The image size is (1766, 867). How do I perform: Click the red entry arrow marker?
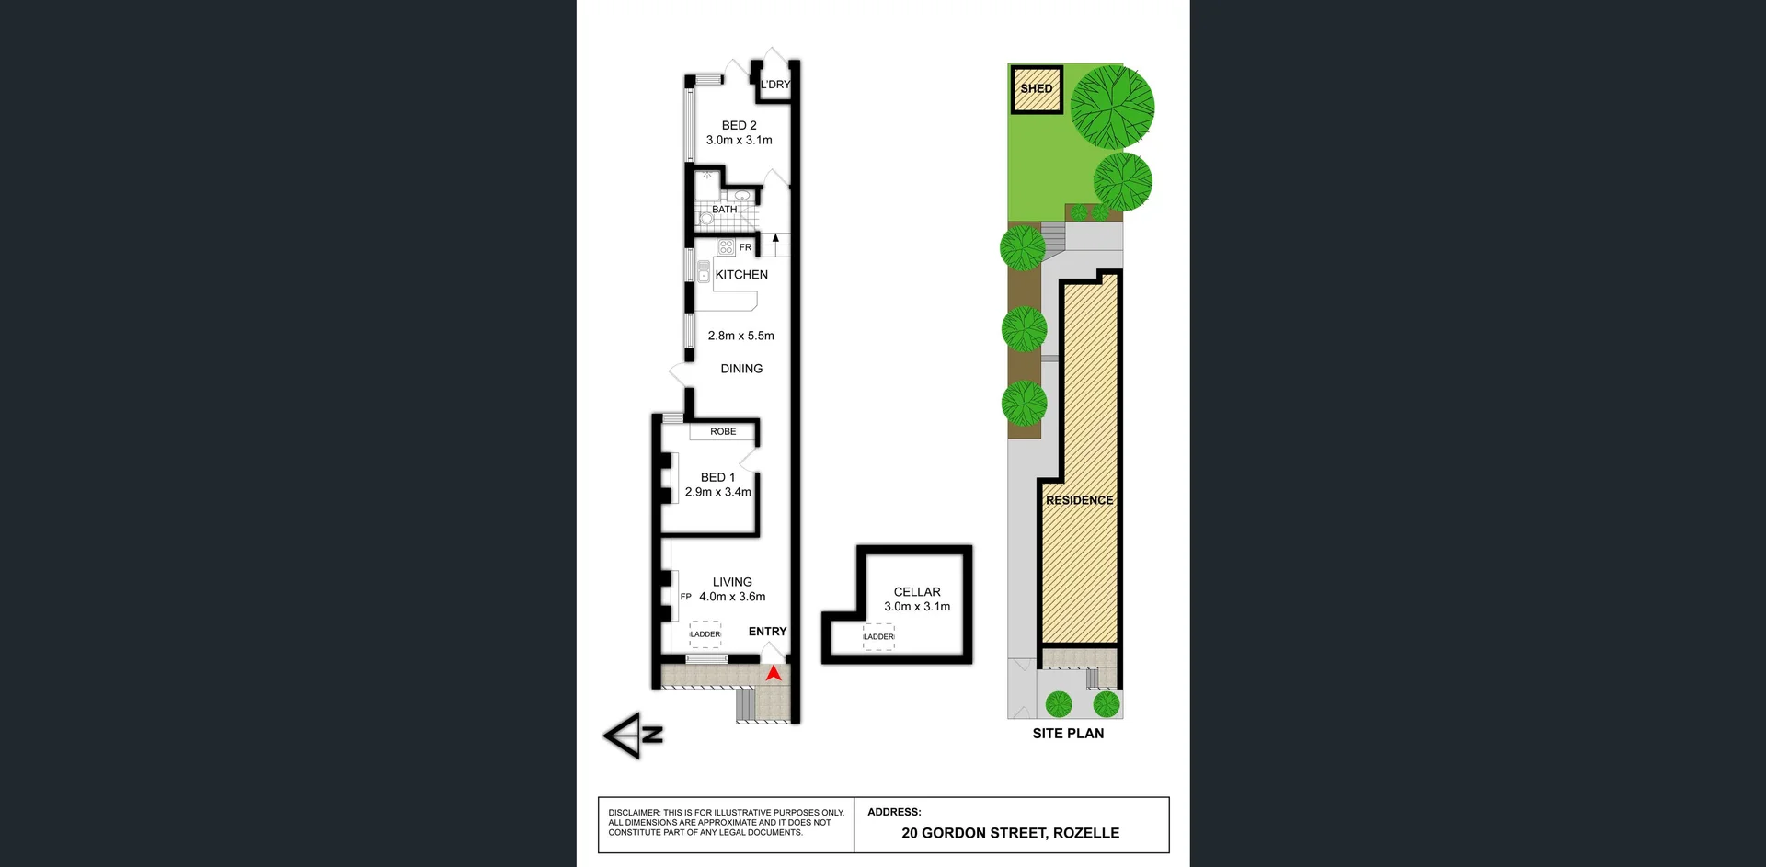[774, 674]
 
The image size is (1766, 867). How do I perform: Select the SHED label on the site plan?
[1036, 88]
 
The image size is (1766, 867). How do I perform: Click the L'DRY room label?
[775, 85]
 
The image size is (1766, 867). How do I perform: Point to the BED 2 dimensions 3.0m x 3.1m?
[739, 141]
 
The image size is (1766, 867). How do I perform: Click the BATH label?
[724, 210]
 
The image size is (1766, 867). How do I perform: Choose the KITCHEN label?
[741, 275]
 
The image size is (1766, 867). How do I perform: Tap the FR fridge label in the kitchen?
[745, 247]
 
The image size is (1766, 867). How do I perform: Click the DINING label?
[741, 369]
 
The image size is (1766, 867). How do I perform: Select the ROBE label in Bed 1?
[723, 431]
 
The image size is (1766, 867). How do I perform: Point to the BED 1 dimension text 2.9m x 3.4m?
[717, 492]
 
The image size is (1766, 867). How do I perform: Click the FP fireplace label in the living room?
[685, 597]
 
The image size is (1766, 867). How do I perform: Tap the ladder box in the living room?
[705, 634]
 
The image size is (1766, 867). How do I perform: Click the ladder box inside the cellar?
[878, 636]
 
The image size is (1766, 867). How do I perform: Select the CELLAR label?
[917, 592]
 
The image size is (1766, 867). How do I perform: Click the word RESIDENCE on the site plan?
[1079, 500]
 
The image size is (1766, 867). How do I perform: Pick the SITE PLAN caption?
[1068, 734]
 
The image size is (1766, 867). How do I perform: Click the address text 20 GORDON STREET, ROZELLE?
[1010, 833]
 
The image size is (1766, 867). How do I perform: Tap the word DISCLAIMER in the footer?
[634, 813]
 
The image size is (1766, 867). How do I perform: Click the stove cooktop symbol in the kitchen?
[726, 246]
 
